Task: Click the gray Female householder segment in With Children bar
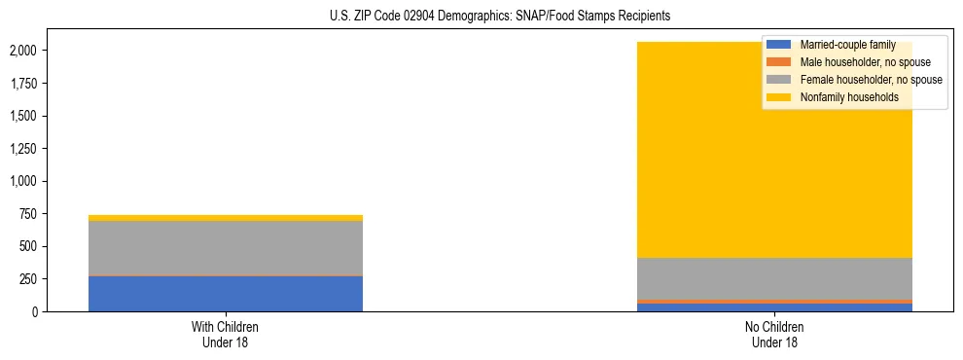click(x=225, y=248)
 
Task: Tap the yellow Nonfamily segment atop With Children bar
click(x=225, y=218)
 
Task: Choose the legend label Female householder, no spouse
click(x=871, y=80)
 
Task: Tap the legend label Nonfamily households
click(x=849, y=97)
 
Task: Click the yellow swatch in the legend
click(x=779, y=97)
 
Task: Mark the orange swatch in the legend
click(x=779, y=62)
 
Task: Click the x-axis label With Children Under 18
click(x=225, y=335)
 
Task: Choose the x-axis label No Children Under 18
click(x=774, y=335)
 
